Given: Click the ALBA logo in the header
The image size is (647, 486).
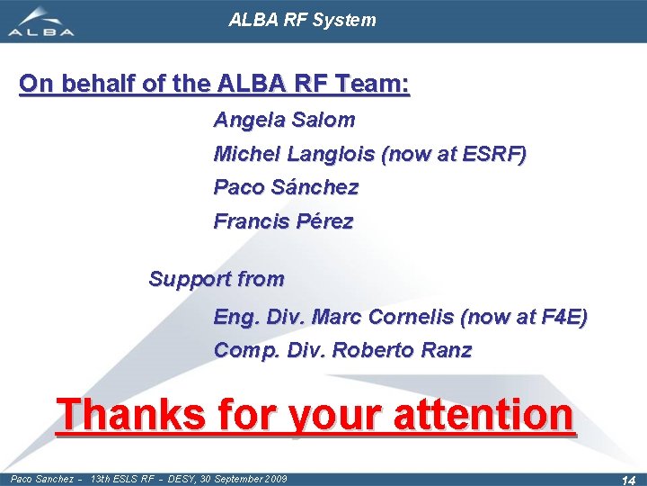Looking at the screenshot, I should click(40, 22).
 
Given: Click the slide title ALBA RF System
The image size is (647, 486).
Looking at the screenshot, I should click(302, 20).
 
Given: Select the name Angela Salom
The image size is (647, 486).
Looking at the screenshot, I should click(284, 120).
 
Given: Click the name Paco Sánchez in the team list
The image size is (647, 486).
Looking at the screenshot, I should click(286, 188).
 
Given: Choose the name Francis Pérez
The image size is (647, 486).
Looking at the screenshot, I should click(283, 221).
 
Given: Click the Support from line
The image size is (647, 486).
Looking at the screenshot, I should click(216, 279).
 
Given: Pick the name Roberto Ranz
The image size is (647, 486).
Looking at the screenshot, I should click(402, 350).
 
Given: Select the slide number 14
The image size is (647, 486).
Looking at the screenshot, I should click(627, 480).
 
